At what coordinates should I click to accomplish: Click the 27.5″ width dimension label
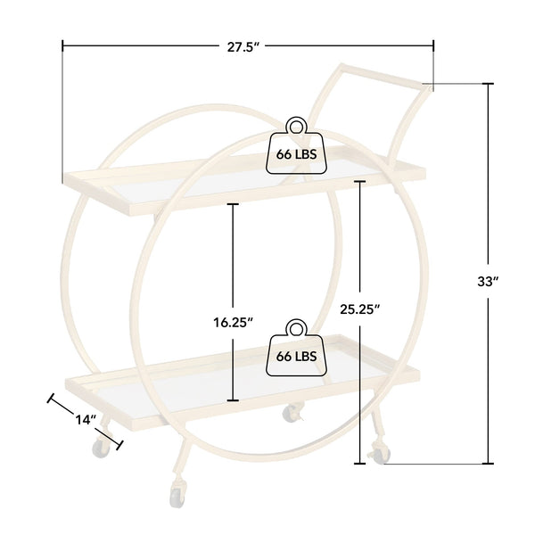(x=244, y=47)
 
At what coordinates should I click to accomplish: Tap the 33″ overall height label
(x=488, y=282)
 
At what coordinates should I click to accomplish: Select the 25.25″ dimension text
(x=360, y=309)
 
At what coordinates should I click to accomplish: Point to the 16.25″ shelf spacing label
(x=233, y=322)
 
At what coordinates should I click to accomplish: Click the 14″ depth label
(x=86, y=419)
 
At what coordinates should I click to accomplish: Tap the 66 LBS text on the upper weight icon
(x=296, y=154)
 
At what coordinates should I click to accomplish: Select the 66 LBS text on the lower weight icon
(x=296, y=356)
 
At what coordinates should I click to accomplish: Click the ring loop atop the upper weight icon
(x=296, y=127)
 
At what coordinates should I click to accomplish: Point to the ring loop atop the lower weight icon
(x=296, y=328)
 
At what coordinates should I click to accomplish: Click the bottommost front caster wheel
(x=177, y=497)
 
